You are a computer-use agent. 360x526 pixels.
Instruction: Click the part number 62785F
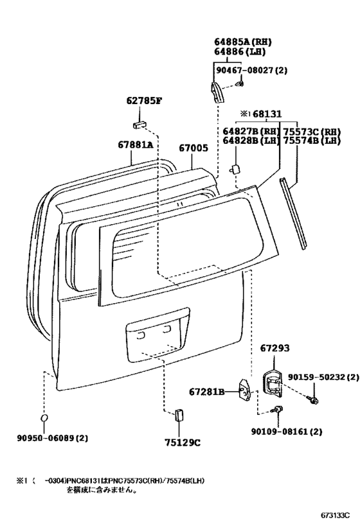pyautogui.click(x=144, y=100)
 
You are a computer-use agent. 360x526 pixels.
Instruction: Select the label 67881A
pyautogui.click(x=136, y=145)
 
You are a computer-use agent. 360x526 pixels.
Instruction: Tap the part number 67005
pyautogui.click(x=193, y=148)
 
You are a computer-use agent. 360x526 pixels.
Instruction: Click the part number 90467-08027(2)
pyautogui.click(x=251, y=71)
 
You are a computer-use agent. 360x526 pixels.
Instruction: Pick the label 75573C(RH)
pyautogui.click(x=312, y=132)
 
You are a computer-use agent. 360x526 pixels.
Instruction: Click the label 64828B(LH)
pyautogui.click(x=251, y=141)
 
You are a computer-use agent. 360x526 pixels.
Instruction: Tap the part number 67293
pyautogui.click(x=274, y=348)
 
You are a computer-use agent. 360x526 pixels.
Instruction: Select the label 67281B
pyautogui.click(x=206, y=392)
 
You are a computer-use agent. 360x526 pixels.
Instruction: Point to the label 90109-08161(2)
pyautogui.click(x=287, y=431)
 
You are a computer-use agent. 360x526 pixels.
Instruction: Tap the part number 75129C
pyautogui.click(x=183, y=443)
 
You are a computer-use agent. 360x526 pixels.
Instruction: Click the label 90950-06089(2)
pyautogui.click(x=52, y=438)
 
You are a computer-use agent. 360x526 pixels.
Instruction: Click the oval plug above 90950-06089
pyautogui.click(x=44, y=418)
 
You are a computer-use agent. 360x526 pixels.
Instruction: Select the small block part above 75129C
pyautogui.click(x=179, y=415)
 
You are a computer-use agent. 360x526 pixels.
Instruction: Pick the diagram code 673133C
pyautogui.click(x=334, y=515)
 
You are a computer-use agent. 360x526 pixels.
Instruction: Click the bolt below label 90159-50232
pyautogui.click(x=312, y=399)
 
